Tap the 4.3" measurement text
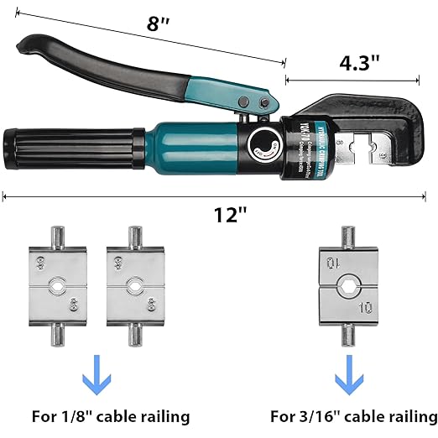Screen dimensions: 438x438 358,62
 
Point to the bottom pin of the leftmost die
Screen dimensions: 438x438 58,333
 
